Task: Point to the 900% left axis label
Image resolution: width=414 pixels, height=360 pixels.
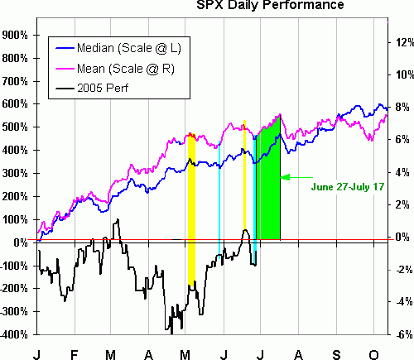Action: (x=16, y=36)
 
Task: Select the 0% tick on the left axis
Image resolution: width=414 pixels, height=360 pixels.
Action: (x=19, y=242)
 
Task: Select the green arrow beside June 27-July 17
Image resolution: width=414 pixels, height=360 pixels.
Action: (x=296, y=176)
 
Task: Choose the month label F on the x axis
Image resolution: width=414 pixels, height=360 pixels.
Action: (x=75, y=353)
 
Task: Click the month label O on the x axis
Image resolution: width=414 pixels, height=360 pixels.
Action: (x=373, y=353)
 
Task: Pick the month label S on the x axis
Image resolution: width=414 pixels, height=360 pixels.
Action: (x=337, y=353)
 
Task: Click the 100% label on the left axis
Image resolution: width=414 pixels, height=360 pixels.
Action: (x=16, y=219)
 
